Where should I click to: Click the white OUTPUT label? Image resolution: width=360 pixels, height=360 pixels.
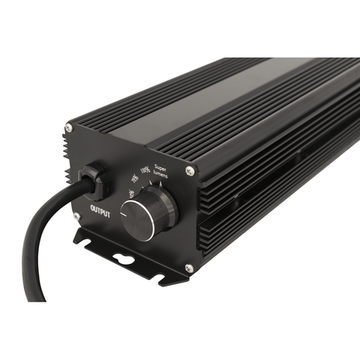100,210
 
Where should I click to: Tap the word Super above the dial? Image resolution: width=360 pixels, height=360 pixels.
164,167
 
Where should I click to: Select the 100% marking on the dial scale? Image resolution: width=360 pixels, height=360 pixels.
146,173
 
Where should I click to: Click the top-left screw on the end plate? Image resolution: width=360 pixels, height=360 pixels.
68,127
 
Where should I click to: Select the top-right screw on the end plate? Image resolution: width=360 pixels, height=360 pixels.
190,171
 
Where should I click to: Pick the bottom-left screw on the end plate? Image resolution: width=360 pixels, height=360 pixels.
76,217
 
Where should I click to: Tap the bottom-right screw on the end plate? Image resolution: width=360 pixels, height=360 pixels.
187,268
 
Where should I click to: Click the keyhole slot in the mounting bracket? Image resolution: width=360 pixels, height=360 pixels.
124,259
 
